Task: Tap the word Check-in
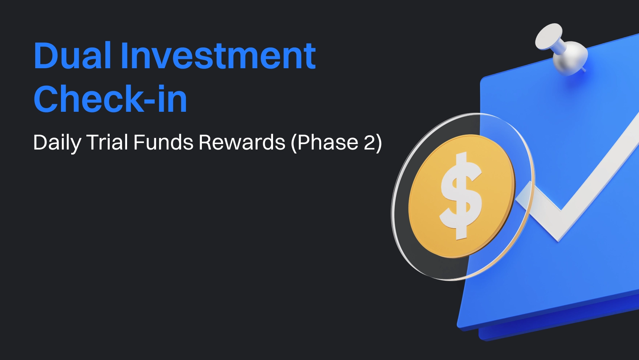click(x=110, y=98)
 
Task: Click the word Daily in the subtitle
click(x=57, y=143)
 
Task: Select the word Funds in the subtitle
click(x=163, y=142)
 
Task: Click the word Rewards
click(x=242, y=142)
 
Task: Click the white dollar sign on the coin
click(x=461, y=196)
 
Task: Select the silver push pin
click(x=561, y=49)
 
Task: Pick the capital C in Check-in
click(x=46, y=98)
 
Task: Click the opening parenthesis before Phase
click(x=294, y=143)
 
